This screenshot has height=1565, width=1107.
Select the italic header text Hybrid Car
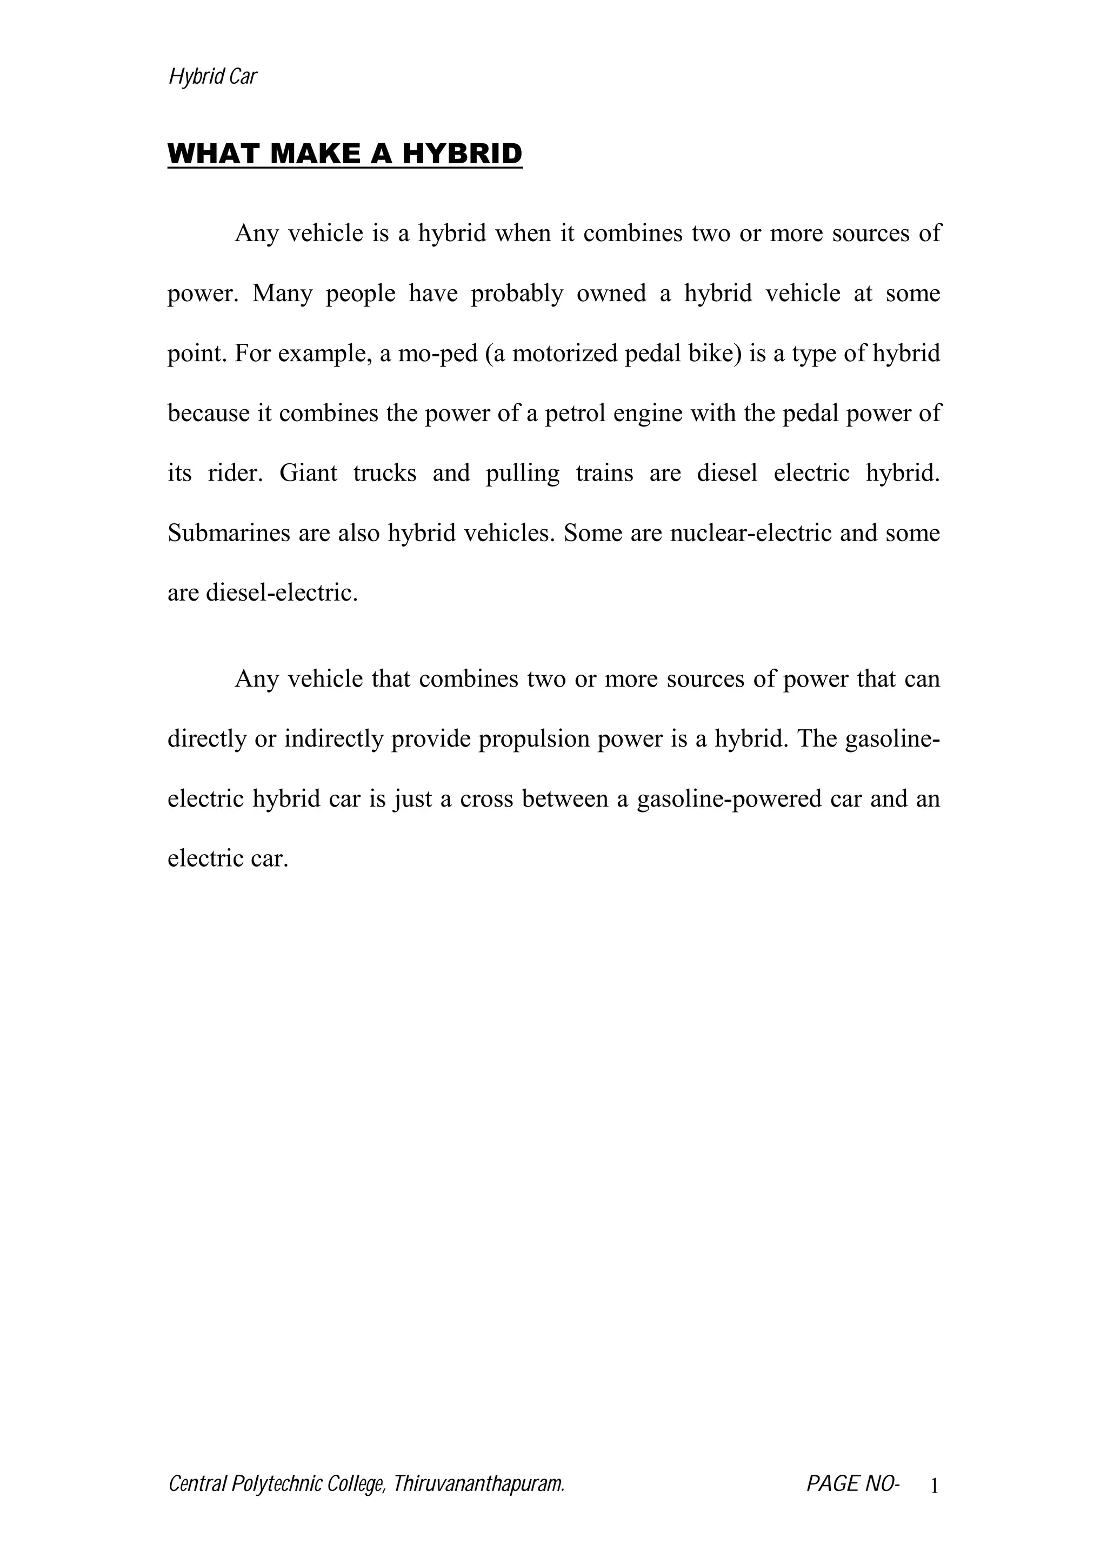(x=212, y=76)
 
